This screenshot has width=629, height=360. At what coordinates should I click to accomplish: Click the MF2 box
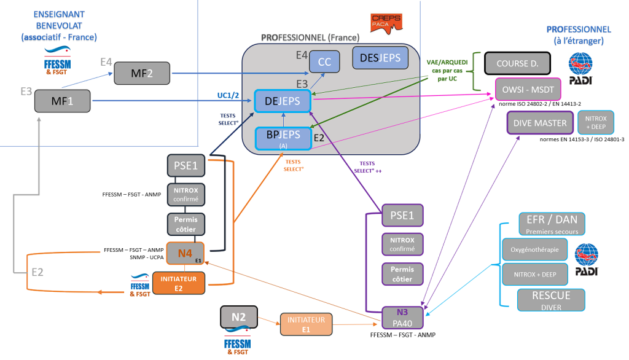[x=143, y=74]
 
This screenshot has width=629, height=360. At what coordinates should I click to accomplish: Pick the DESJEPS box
[x=380, y=58]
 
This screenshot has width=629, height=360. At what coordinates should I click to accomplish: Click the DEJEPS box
[x=282, y=101]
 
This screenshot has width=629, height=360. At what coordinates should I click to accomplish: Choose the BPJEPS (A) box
[x=283, y=138]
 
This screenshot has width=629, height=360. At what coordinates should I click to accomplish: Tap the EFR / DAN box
[x=543, y=224]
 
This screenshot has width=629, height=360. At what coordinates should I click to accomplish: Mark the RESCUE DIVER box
[x=543, y=299]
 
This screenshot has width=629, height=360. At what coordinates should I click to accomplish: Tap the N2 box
[x=239, y=318]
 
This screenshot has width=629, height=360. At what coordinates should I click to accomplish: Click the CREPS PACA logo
[x=386, y=23]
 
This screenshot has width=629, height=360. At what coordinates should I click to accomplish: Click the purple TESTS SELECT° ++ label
[x=368, y=166]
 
